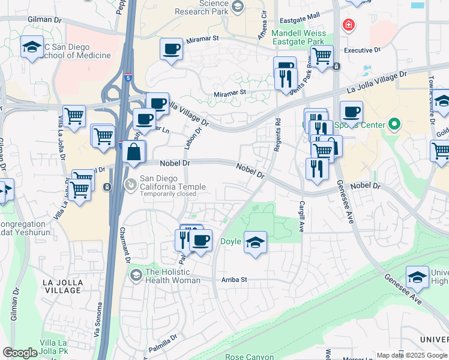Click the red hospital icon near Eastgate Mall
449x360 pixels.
click(x=348, y=25)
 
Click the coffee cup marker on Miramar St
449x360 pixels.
click(x=172, y=49)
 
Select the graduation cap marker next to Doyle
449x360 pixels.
click(x=255, y=242)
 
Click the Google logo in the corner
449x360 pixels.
click(x=20, y=353)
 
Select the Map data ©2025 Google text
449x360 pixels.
click(x=412, y=356)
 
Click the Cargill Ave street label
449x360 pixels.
click(x=301, y=208)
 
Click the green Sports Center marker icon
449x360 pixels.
click(x=394, y=125)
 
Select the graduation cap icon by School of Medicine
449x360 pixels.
click(x=32, y=47)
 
